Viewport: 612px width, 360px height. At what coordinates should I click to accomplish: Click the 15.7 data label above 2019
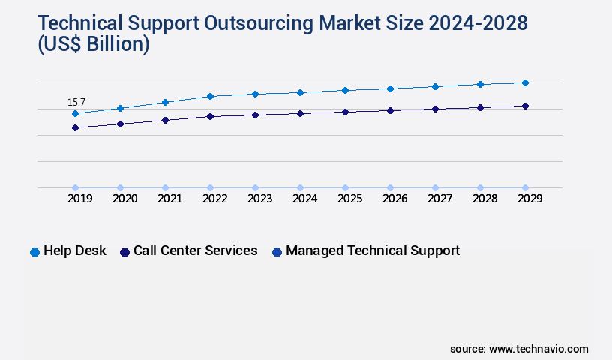click(76, 102)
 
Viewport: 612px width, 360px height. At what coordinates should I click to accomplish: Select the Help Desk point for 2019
click(75, 113)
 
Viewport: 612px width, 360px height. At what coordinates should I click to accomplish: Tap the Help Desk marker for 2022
click(210, 96)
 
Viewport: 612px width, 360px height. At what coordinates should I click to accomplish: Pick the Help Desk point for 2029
click(525, 82)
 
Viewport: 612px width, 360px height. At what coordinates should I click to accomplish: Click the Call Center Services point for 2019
click(75, 127)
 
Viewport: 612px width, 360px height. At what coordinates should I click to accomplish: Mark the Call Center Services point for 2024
click(300, 113)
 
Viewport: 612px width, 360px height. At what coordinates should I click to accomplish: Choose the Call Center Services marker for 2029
click(525, 106)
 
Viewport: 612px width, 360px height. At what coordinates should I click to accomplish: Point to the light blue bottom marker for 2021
click(165, 187)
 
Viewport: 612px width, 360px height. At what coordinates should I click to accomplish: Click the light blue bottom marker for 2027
click(435, 187)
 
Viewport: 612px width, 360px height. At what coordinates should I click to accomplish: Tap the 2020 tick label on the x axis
click(124, 199)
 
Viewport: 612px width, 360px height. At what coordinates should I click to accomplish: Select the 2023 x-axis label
click(259, 199)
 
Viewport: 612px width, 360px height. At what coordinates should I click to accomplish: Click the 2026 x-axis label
click(394, 199)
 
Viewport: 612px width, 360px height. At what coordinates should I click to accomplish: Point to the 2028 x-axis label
click(484, 199)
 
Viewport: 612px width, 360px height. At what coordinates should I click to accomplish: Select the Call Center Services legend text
click(195, 250)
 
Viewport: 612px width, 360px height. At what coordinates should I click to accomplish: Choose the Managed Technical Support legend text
click(373, 250)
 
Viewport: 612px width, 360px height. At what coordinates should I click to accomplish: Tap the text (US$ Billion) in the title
click(93, 44)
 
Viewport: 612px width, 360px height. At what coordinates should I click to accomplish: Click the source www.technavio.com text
click(519, 349)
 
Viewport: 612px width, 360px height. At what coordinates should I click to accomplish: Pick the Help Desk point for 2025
click(345, 90)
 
